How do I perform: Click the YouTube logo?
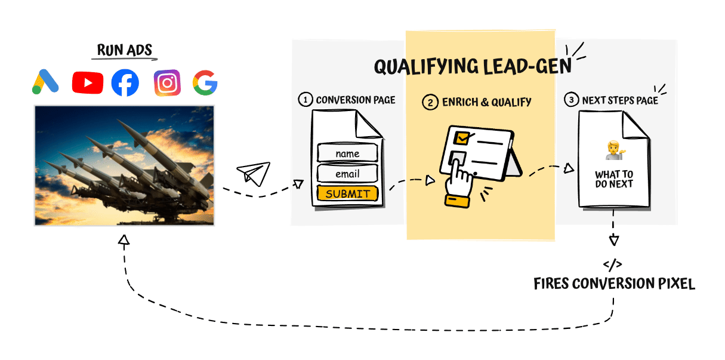click(x=87, y=83)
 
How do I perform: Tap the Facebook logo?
click(x=125, y=83)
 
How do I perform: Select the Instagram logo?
click(x=167, y=83)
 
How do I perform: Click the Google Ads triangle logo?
click(x=45, y=82)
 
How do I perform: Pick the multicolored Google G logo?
click(x=205, y=83)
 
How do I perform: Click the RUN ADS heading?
click(x=125, y=50)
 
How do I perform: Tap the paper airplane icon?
click(x=254, y=173)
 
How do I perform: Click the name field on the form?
click(x=347, y=153)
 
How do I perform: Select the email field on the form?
click(x=347, y=174)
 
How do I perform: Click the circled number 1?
click(x=306, y=100)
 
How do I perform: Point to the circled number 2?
click(x=430, y=102)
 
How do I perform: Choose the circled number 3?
click(x=572, y=100)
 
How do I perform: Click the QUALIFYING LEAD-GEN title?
click(x=473, y=66)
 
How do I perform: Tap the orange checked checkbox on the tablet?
click(x=461, y=139)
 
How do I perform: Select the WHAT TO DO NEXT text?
click(x=614, y=179)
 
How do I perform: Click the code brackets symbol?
click(x=613, y=264)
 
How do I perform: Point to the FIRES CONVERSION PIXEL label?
click(x=614, y=284)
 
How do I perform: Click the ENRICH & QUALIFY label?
click(x=486, y=102)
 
